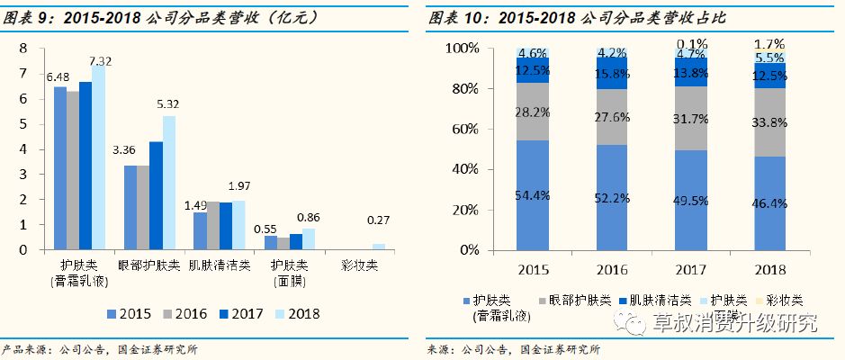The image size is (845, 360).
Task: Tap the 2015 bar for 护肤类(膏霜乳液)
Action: pos(60,167)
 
